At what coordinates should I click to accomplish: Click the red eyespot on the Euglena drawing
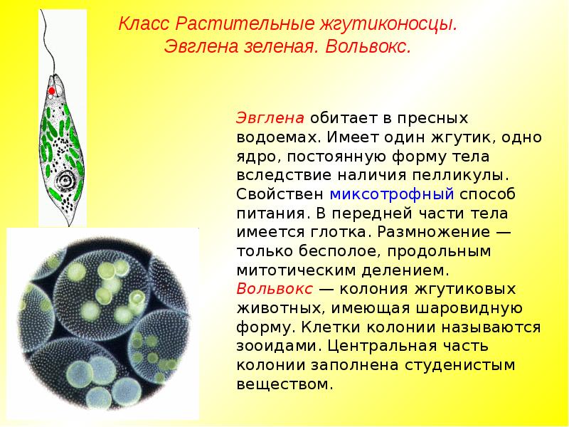(x=51, y=92)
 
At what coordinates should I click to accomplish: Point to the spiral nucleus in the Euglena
(x=68, y=179)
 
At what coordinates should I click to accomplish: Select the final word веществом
(x=284, y=386)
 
